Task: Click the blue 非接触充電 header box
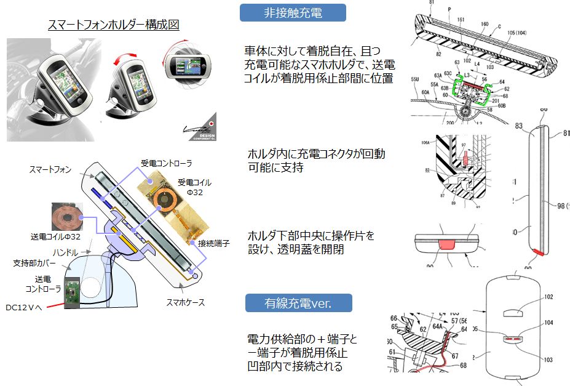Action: (x=292, y=12)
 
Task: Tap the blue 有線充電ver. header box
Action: (x=298, y=303)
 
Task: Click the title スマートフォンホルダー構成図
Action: (x=114, y=25)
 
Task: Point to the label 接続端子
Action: (x=214, y=243)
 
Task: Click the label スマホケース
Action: (x=184, y=302)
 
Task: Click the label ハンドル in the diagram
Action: (x=66, y=252)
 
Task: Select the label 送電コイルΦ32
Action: (x=55, y=236)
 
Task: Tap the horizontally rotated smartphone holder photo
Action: (x=189, y=65)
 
